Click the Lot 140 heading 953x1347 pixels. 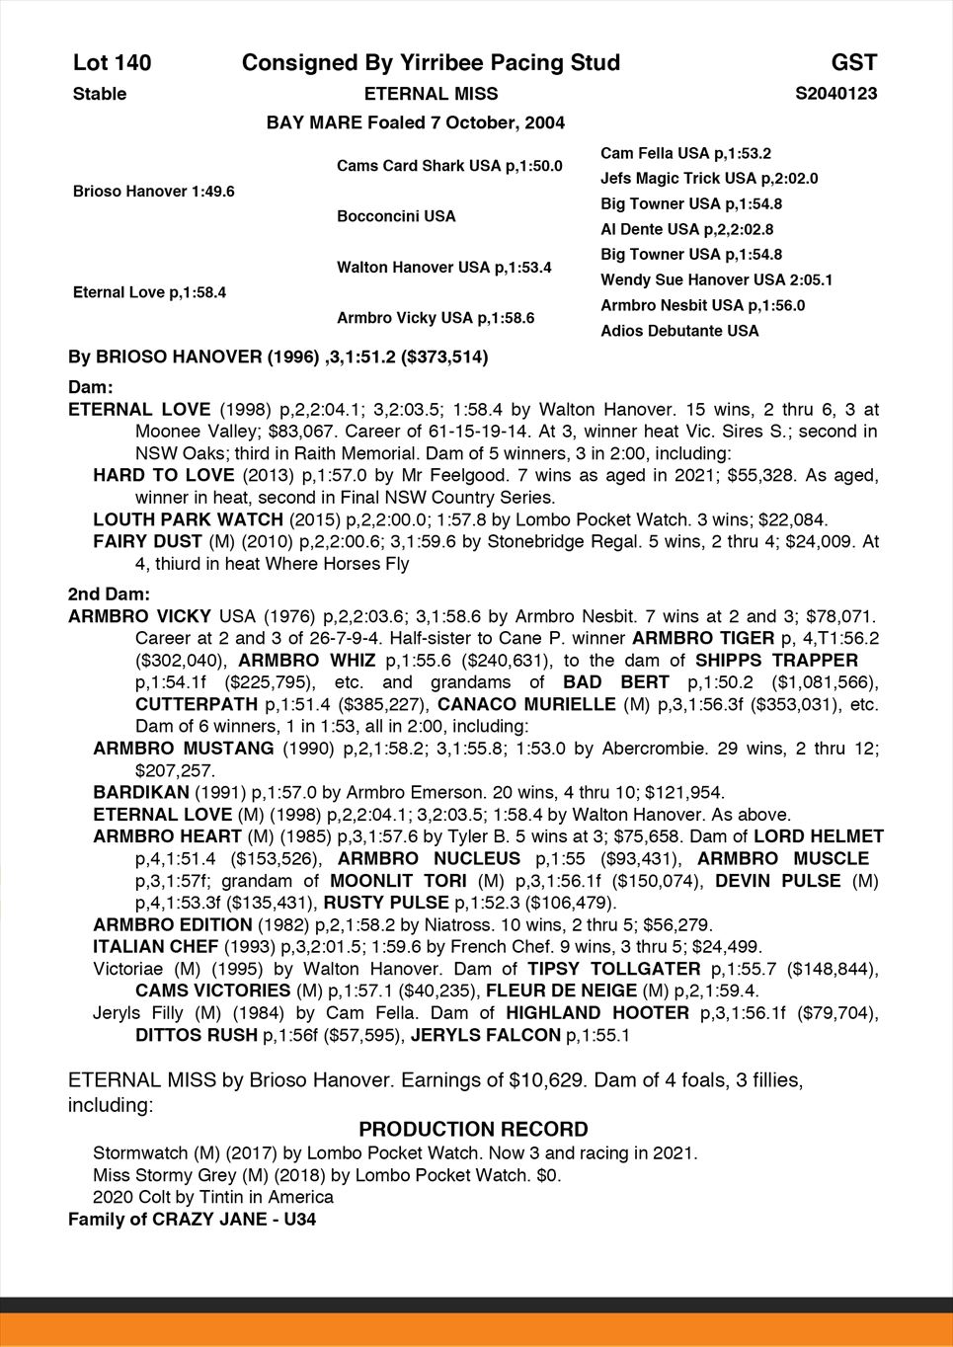[113, 63]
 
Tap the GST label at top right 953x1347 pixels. [853, 63]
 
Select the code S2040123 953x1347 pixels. [835, 94]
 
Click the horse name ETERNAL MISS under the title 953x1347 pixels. [431, 94]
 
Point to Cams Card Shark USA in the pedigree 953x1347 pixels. [449, 166]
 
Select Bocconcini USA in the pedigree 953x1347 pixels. [396, 216]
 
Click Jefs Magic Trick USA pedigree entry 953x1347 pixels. [709, 179]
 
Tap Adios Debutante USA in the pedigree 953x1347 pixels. [679, 331]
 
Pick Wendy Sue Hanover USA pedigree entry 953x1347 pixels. [716, 279]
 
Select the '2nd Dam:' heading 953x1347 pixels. [109, 594]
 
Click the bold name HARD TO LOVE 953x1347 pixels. [163, 476]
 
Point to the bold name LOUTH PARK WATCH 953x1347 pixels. [187, 519]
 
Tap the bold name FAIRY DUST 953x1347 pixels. [147, 541]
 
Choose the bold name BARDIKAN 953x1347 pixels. [140, 792]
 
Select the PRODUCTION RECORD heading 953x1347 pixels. [473, 1130]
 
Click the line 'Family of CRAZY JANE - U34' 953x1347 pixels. [192, 1220]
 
